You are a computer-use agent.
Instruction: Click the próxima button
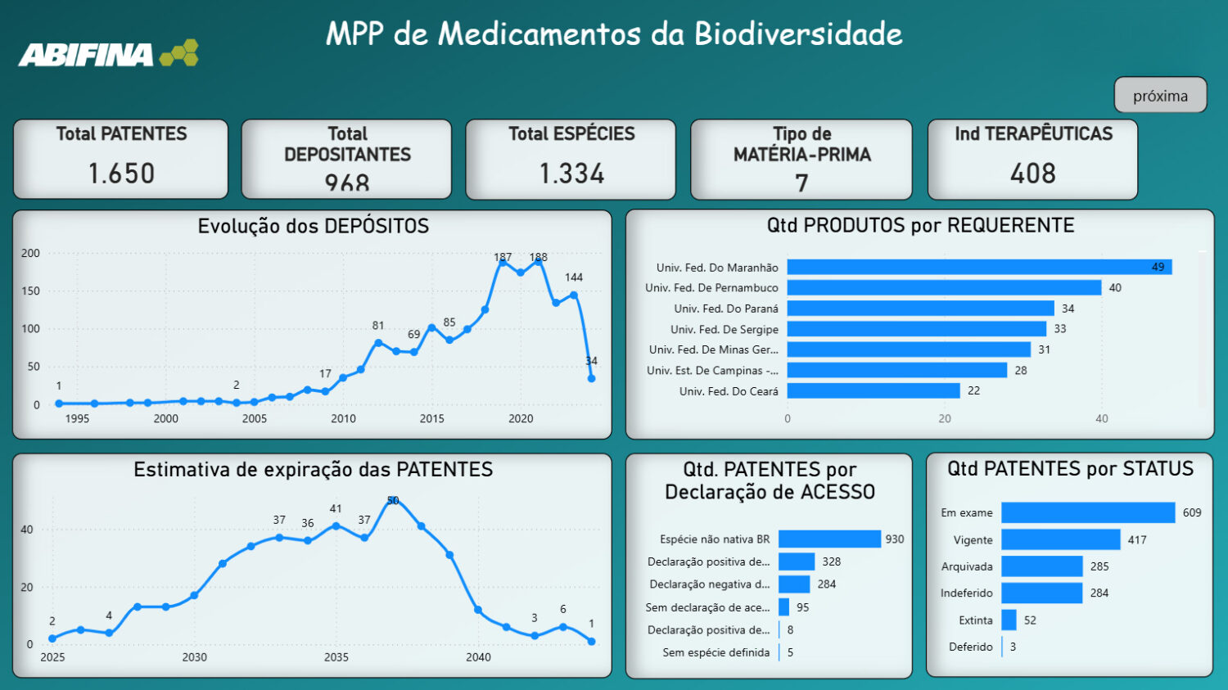click(1160, 95)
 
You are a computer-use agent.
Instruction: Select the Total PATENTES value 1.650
click(121, 174)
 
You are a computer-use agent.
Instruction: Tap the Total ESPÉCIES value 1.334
click(571, 174)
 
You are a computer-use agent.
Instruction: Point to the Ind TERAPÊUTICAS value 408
click(1032, 174)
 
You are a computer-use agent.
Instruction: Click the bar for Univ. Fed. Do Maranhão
click(978, 267)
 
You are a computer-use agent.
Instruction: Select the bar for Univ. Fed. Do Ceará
click(873, 390)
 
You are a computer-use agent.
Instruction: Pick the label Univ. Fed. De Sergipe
click(724, 329)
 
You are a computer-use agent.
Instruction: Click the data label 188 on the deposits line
click(538, 257)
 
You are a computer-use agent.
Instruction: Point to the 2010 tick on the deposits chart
click(343, 418)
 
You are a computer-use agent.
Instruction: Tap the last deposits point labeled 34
click(591, 378)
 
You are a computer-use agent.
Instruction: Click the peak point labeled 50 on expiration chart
click(393, 500)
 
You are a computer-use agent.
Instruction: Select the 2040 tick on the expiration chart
click(478, 656)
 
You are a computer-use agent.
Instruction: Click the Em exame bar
click(1087, 512)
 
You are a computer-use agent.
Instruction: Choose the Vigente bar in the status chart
click(1060, 539)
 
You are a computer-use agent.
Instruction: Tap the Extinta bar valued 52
click(1009, 620)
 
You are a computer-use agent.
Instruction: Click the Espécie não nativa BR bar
click(829, 539)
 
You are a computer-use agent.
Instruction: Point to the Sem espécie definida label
click(716, 652)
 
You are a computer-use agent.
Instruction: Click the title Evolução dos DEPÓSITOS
click(313, 226)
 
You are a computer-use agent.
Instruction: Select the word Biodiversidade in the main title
click(798, 34)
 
